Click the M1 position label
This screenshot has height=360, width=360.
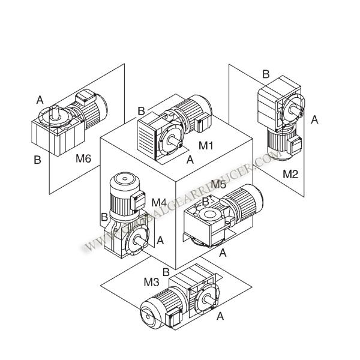click(206, 145)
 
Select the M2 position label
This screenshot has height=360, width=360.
click(290, 174)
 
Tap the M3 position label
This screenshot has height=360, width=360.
click(151, 282)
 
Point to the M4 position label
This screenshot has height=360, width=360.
click(159, 202)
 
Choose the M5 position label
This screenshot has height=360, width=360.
click(218, 184)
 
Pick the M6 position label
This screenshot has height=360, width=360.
click(83, 158)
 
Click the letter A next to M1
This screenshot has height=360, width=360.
click(190, 160)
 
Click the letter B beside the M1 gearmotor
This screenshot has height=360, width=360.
click(141, 111)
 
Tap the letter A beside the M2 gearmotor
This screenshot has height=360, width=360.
click(314, 119)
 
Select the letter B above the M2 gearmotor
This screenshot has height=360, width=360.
click(266, 74)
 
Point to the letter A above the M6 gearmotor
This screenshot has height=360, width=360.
click(40, 100)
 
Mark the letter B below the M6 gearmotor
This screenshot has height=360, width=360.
click(37, 160)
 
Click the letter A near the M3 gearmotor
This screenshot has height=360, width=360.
click(220, 316)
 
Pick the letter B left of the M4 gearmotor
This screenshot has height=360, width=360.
click(104, 217)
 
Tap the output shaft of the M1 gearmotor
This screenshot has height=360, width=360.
click(174, 141)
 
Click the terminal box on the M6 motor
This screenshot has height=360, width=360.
click(85, 97)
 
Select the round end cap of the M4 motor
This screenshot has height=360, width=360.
click(124, 179)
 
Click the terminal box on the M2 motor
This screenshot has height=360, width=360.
click(295, 145)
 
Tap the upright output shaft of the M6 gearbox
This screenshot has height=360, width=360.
click(55, 112)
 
